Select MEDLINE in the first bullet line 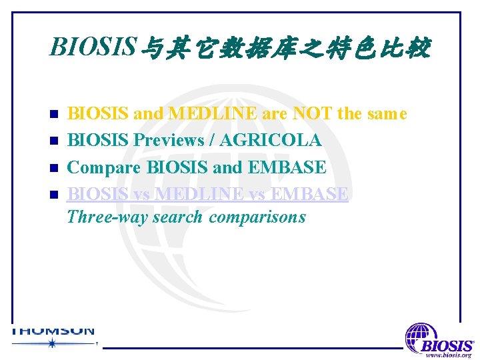pyautogui.click(x=213, y=114)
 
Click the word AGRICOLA pyautogui.click(x=271, y=141)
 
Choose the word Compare pyautogui.click(x=105, y=167)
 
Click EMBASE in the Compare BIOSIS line pyautogui.click(x=287, y=167)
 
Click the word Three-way pyautogui.click(x=107, y=217)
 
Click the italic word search pyautogui.click(x=177, y=217)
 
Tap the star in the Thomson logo pyautogui.click(x=51, y=343)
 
